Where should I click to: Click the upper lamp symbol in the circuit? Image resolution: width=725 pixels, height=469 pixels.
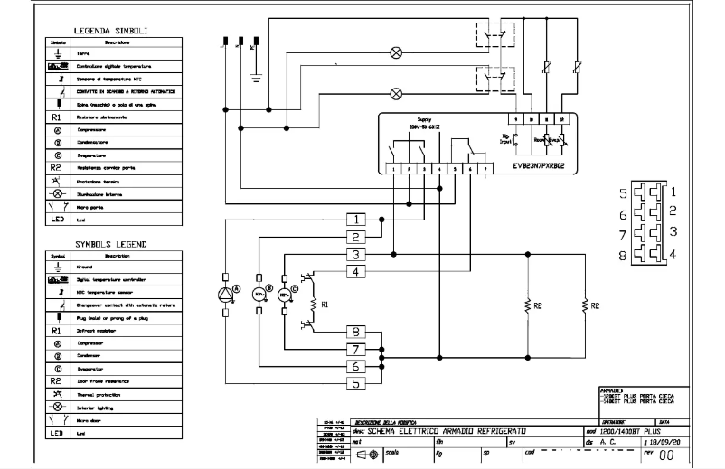395,53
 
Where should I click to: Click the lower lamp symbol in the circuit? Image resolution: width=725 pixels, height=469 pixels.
395,92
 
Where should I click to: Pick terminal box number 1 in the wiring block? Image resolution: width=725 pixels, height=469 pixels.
358,220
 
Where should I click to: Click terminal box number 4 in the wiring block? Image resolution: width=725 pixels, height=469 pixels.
358,271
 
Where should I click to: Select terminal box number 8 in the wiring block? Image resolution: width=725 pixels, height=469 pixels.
358,332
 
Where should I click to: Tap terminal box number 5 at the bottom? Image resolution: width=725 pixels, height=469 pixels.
358,383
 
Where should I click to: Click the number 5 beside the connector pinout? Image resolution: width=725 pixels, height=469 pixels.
623,194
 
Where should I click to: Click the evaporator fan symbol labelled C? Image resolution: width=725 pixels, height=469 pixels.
286,295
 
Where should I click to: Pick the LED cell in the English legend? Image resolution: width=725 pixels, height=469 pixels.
57,433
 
